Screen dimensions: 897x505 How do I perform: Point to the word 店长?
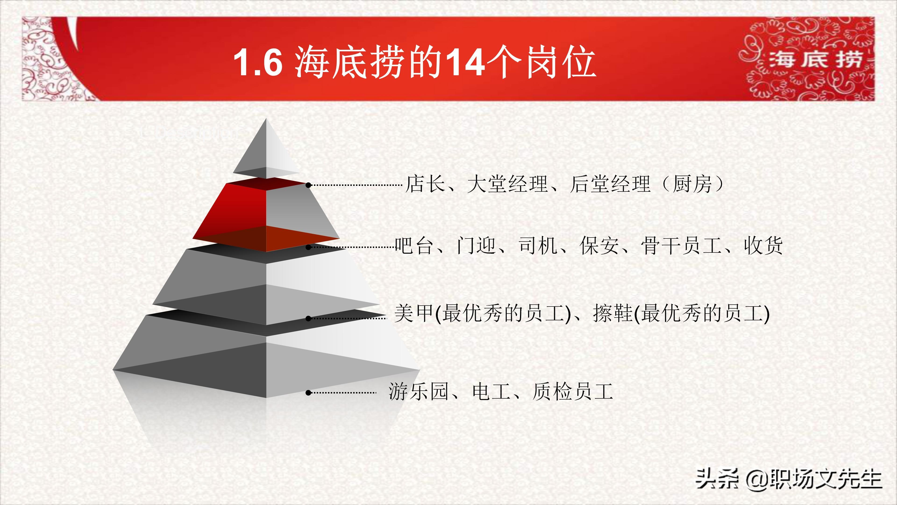(x=426, y=184)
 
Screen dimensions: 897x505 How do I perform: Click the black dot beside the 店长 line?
(x=308, y=185)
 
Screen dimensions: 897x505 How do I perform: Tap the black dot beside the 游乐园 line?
(x=308, y=393)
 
